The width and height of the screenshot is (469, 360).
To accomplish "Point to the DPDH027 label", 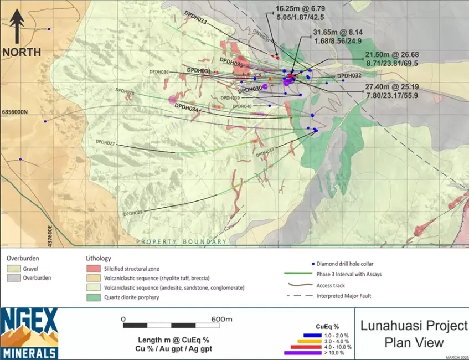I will click(105, 143).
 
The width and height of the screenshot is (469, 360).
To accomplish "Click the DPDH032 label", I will click(349, 75).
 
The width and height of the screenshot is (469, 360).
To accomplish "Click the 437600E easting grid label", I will click(49, 236).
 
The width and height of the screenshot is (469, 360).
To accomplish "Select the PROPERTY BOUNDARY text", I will click(182, 242).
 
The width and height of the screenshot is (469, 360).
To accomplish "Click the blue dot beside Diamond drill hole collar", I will click(313, 264).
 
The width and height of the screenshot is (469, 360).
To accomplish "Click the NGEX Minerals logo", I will click(29, 333).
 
